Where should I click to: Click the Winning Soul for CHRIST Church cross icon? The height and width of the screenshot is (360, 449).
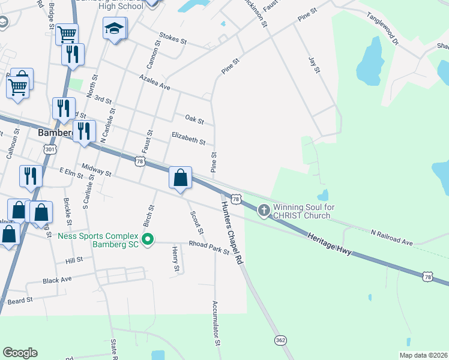(x=264, y=210)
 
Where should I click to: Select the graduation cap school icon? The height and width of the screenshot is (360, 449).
(x=114, y=29)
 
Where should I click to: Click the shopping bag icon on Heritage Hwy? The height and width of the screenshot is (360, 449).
(x=180, y=178)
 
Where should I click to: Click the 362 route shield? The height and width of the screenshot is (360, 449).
(x=280, y=340)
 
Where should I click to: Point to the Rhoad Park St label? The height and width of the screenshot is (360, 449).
(x=209, y=248)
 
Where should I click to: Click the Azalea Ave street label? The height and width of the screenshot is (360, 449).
(x=155, y=83)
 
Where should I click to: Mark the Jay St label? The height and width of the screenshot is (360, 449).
(x=315, y=65)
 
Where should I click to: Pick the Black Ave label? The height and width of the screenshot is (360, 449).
(x=57, y=280)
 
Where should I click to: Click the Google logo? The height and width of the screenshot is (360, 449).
(x=20, y=353)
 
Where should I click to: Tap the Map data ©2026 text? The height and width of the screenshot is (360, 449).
(x=423, y=355)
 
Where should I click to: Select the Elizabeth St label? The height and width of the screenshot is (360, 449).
(x=188, y=139)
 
